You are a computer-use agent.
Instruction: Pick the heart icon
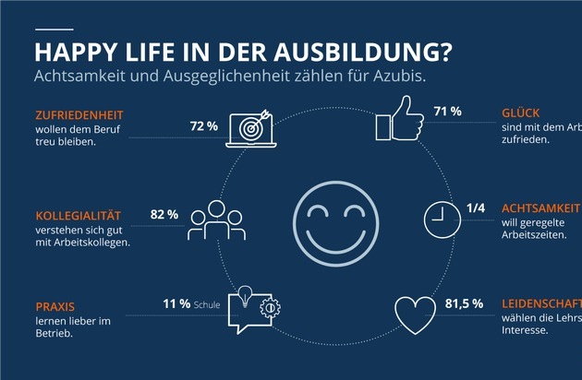tap(415, 315)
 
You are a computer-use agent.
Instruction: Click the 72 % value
tap(203, 124)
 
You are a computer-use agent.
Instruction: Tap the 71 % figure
tap(447, 113)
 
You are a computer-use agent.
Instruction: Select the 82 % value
tap(164, 214)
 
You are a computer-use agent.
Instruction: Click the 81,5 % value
tap(463, 303)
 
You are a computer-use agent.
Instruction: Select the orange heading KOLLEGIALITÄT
tap(74, 216)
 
